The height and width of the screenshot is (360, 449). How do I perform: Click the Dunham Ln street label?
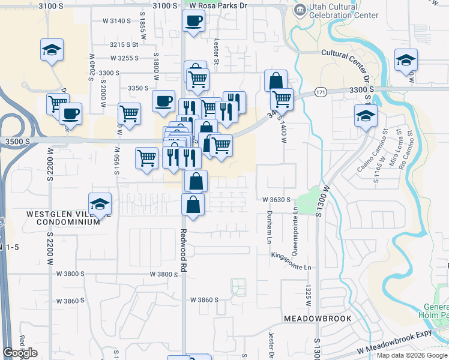pyautogui.click(x=268, y=227)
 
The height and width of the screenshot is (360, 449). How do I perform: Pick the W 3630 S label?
pyautogui.click(x=276, y=200)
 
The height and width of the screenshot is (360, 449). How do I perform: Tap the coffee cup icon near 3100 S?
pyautogui.click(x=193, y=22)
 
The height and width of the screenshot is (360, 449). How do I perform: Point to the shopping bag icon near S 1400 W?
pyautogui.click(x=276, y=80)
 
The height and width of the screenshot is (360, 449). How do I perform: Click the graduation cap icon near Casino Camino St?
pyautogui.click(x=366, y=116)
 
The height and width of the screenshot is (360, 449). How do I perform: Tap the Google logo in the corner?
pyautogui.click(x=20, y=353)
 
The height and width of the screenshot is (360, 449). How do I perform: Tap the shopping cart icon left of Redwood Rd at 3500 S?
pyautogui.click(x=147, y=158)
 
